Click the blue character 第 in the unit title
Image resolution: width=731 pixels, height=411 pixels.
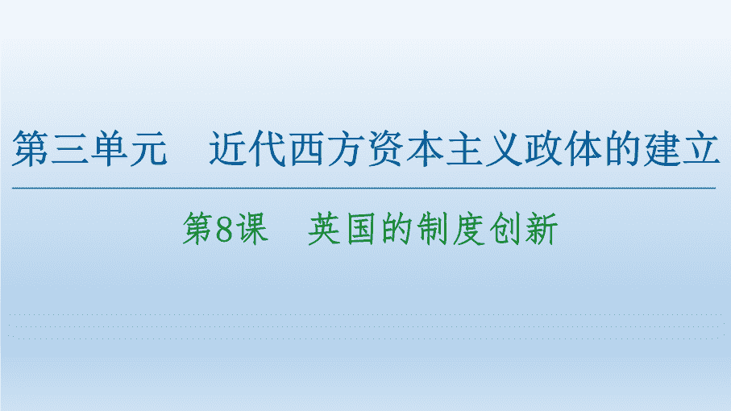(x=30, y=148)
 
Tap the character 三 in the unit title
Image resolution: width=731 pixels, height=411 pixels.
(x=70, y=148)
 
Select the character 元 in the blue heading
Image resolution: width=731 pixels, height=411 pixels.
(x=148, y=148)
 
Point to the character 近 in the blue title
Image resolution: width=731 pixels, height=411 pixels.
(x=227, y=148)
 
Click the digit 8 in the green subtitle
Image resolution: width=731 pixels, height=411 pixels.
(x=224, y=228)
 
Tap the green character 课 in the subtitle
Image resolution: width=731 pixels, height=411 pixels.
(x=252, y=228)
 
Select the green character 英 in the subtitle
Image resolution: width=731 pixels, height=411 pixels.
(x=325, y=228)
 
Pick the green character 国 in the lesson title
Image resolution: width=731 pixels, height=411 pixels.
(x=361, y=229)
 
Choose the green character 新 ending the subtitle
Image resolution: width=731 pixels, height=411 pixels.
(x=542, y=228)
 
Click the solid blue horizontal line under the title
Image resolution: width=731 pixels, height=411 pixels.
(x=363, y=189)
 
